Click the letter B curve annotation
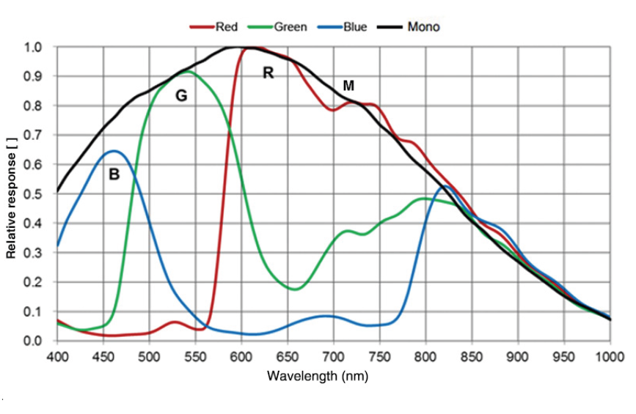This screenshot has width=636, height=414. [x=114, y=175]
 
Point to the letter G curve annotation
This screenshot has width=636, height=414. [x=181, y=95]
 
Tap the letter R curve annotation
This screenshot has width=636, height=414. [x=268, y=73]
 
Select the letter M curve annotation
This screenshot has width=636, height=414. [x=348, y=87]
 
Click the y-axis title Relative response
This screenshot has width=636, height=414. [x=11, y=194]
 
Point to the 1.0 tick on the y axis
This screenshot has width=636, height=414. [x=34, y=48]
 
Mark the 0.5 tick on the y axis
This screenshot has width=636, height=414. [x=34, y=194]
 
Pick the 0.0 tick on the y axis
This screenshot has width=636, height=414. [x=34, y=341]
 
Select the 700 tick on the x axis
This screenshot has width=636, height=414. [x=334, y=357]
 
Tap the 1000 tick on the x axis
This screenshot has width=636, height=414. [x=610, y=357]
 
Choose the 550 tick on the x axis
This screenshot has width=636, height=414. [x=195, y=357]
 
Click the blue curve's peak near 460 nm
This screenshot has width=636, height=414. [x=114, y=151]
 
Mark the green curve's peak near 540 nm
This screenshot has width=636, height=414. [x=188, y=71]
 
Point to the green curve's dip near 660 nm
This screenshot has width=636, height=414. [x=295, y=289]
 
